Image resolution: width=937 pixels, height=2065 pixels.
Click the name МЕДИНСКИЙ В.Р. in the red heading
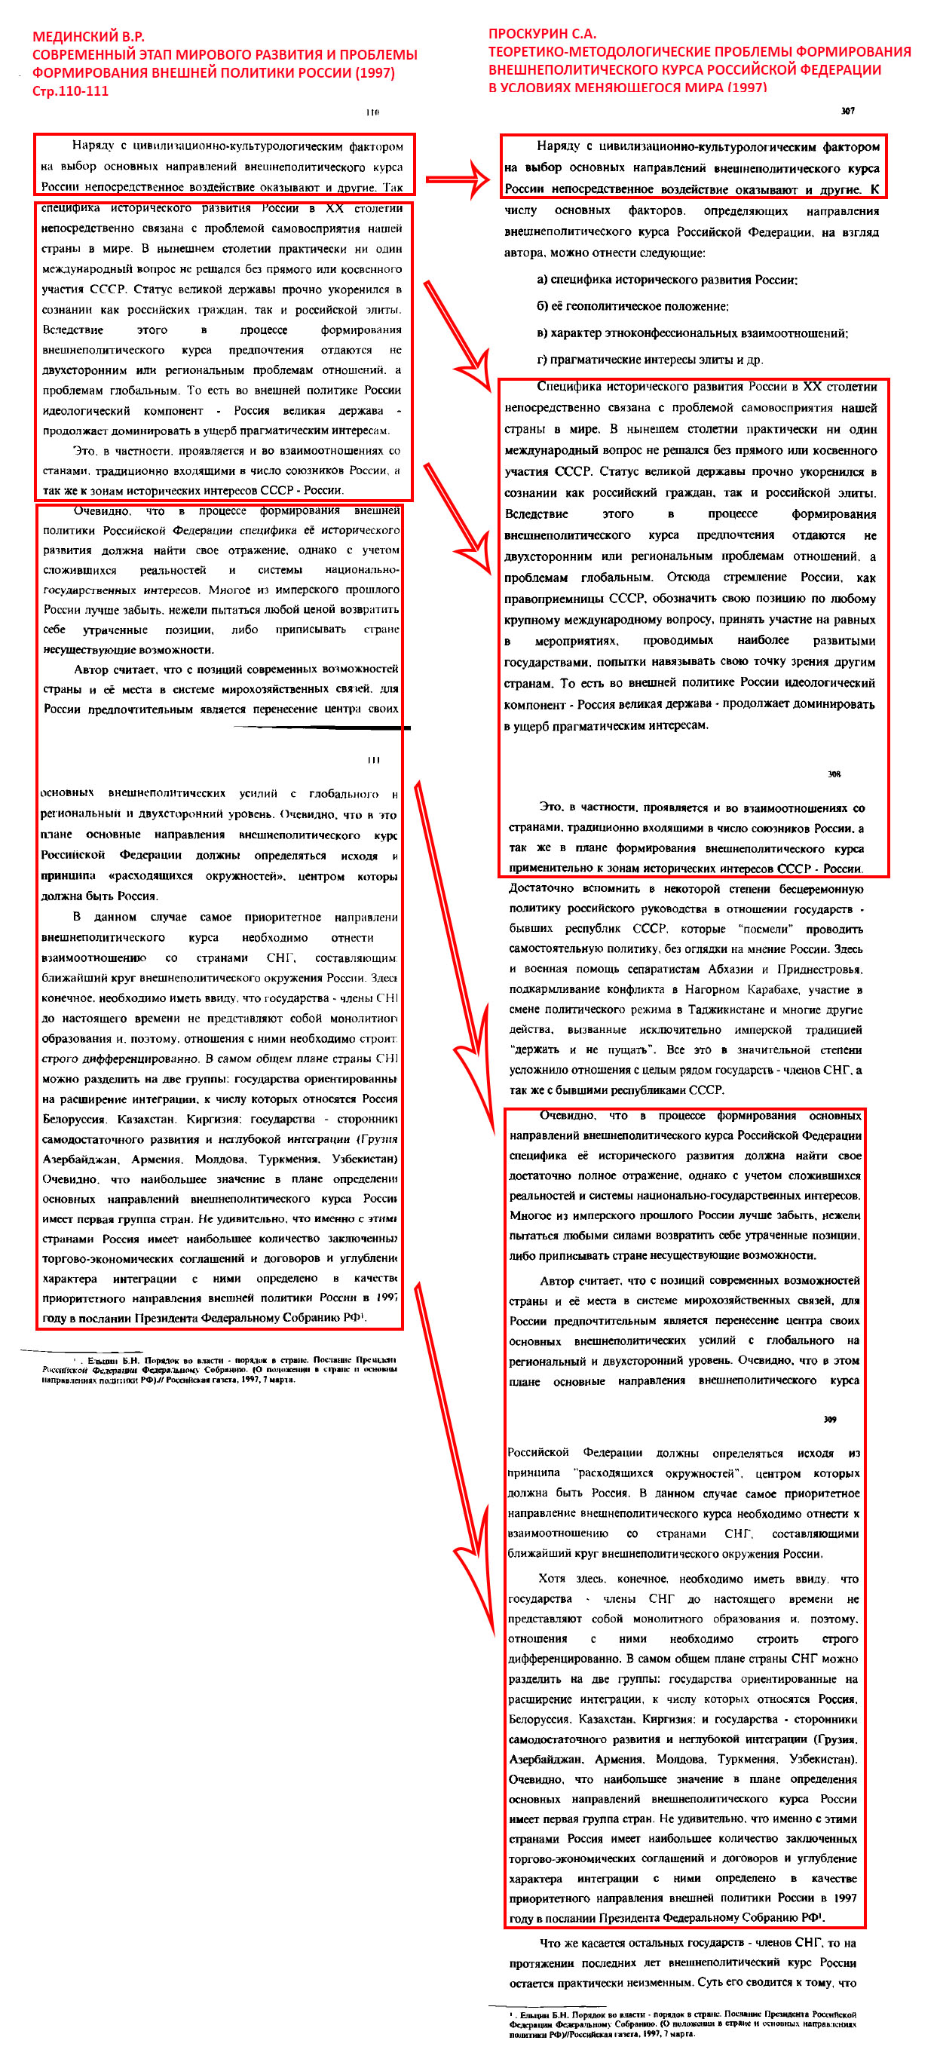(88, 37)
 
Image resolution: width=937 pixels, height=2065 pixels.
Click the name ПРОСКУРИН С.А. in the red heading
(543, 34)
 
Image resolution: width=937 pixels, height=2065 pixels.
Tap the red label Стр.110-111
(71, 90)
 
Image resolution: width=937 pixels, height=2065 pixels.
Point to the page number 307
(847, 111)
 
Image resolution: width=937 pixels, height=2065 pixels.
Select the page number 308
(834, 774)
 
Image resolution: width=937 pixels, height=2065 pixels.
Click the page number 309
(830, 1419)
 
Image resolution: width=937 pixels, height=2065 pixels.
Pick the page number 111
(372, 759)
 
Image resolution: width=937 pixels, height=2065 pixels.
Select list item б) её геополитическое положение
(632, 306)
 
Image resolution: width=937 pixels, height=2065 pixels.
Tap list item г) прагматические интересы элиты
(649, 359)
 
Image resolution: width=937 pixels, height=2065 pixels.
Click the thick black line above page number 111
(320, 727)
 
